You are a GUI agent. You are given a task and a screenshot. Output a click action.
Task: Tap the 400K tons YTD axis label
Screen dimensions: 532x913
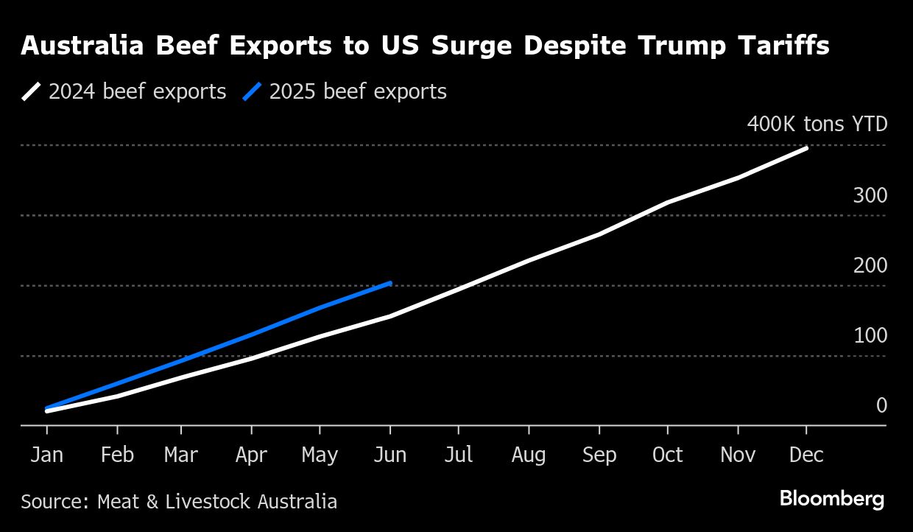(817, 124)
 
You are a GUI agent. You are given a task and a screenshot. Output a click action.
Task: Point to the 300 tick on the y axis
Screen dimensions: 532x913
(870, 195)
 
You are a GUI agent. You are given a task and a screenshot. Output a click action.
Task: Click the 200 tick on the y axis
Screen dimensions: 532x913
(870, 265)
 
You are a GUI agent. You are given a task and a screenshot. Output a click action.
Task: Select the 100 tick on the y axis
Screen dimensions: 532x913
(870, 335)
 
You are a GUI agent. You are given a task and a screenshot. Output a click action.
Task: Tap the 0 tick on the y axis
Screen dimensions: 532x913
(881, 405)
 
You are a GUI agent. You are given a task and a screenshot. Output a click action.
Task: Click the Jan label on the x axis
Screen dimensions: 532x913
(47, 455)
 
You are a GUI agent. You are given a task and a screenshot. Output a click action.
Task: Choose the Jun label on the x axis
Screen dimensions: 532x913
(389, 455)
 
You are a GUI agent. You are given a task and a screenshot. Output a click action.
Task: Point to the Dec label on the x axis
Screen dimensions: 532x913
(806, 455)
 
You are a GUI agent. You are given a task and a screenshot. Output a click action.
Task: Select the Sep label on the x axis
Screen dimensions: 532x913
(599, 455)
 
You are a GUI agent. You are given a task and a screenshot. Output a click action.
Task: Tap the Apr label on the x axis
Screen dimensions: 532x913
(251, 455)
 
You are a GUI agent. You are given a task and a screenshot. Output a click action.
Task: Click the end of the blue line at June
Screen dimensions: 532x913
(390, 282)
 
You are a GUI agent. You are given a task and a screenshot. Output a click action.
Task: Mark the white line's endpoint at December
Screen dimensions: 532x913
(807, 148)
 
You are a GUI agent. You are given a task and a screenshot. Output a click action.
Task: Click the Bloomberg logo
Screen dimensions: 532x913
(832, 500)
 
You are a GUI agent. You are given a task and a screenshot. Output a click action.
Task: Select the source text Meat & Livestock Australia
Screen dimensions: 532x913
(217, 502)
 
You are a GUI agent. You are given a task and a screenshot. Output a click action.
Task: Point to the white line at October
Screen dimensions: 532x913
(668, 202)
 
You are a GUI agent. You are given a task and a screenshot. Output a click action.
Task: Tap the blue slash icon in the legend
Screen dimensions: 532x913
(253, 91)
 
